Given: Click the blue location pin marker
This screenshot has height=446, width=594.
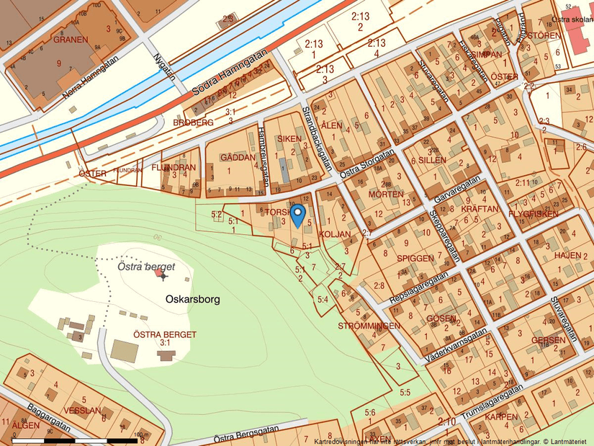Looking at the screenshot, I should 297,215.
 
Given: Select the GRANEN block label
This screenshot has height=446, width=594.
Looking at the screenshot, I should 71,40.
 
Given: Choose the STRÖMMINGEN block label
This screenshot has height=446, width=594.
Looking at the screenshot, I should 369,326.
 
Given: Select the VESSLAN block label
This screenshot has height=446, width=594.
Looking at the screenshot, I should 82,411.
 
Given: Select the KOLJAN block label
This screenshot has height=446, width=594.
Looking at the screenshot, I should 335,234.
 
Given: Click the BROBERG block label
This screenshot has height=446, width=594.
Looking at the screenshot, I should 193,123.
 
